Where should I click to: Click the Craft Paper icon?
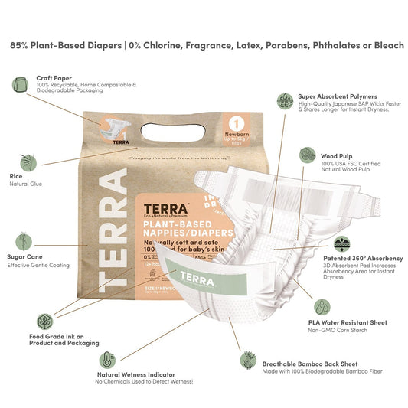(x=19, y=83)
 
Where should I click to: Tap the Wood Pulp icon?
(x=307, y=156)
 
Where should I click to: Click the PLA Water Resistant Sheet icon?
(x=325, y=308)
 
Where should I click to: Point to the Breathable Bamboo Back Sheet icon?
(x=248, y=361)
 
